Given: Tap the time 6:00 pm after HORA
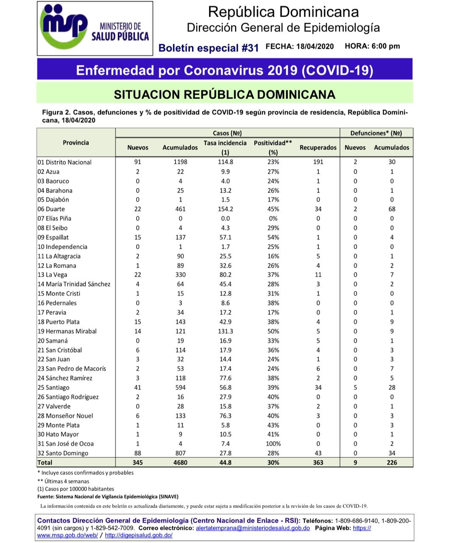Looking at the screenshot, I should (x=385, y=46).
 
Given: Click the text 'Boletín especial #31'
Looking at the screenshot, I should (x=208, y=48).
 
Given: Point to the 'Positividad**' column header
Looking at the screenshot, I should (x=273, y=143).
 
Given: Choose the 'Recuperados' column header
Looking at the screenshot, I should (x=318, y=148).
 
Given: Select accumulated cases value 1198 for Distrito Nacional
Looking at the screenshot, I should (x=180, y=162).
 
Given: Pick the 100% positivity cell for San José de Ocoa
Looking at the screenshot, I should (x=273, y=444).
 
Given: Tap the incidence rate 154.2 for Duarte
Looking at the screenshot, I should (x=225, y=209).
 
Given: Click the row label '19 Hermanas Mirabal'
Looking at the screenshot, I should (x=67, y=331).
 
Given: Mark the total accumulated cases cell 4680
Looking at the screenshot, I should (x=180, y=462).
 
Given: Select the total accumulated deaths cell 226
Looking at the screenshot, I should (x=392, y=462).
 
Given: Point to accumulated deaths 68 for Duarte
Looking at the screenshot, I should (x=392, y=209).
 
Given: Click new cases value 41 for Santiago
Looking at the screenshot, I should (x=137, y=388).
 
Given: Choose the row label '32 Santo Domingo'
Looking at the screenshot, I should (x=63, y=453).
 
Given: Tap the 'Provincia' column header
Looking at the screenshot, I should (x=76, y=143).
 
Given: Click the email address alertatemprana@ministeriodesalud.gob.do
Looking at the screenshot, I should (x=253, y=528).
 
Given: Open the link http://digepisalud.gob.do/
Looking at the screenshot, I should (x=139, y=535).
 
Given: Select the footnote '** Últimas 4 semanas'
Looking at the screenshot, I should (x=63, y=481).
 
